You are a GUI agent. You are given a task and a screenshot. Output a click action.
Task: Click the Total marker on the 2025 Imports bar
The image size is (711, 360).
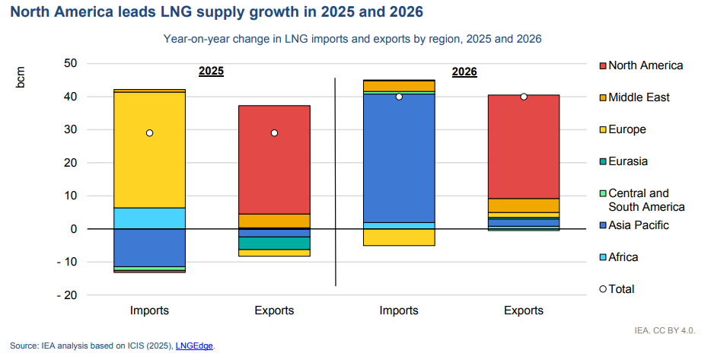click(x=149, y=133)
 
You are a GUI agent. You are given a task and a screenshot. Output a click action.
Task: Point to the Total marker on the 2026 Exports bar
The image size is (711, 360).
click(x=524, y=97)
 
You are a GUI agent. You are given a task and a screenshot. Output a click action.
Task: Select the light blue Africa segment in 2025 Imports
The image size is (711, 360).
click(x=149, y=218)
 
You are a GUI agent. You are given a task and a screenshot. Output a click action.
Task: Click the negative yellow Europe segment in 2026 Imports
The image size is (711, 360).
click(x=398, y=237)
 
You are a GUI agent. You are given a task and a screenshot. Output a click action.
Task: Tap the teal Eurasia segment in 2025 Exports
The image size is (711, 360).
click(x=274, y=243)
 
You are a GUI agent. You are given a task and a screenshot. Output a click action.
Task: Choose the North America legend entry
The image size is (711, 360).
click(x=645, y=65)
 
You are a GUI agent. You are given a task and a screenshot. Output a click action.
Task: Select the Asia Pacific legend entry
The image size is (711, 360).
click(x=637, y=225)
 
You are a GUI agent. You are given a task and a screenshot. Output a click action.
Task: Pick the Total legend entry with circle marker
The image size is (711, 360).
click(x=620, y=289)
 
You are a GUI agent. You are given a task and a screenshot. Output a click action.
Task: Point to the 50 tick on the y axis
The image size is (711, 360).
click(x=71, y=63)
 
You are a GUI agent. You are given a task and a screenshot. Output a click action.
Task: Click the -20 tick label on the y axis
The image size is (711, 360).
click(x=68, y=295)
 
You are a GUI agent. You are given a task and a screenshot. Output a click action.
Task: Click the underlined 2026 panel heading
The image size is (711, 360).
click(x=464, y=72)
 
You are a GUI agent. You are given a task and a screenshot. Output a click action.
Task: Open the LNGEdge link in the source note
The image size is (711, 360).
click(x=194, y=346)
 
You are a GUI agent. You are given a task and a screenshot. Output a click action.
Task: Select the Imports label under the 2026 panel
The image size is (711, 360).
click(x=398, y=311)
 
